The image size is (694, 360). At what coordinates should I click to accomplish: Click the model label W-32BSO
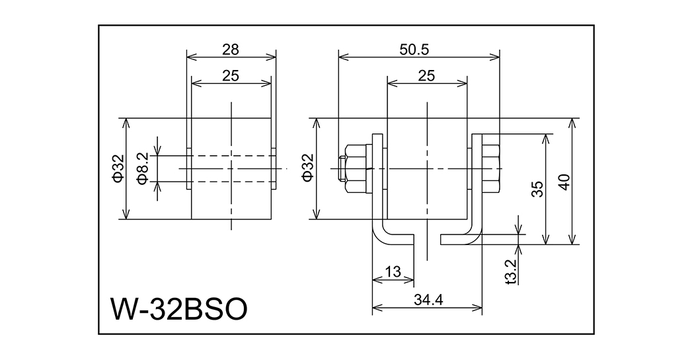[x=179, y=308]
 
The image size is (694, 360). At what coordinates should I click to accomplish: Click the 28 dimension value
[x=231, y=49]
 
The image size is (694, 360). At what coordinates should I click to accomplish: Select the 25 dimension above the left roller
[x=231, y=76]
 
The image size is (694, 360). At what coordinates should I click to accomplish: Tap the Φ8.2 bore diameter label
[x=141, y=168]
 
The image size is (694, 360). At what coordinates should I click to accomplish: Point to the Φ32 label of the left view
[x=116, y=168]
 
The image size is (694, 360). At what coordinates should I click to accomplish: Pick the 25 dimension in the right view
[x=426, y=76]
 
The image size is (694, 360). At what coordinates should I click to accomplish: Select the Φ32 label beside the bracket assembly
[x=307, y=168]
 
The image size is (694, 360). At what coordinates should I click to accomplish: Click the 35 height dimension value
[x=537, y=190]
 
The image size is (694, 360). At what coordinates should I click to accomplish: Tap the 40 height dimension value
[x=564, y=182]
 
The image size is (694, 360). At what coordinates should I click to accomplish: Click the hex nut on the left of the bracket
[x=358, y=168]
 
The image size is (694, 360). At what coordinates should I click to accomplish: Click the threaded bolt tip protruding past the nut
[x=342, y=168]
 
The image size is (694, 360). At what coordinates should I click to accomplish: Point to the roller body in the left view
[x=231, y=198]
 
